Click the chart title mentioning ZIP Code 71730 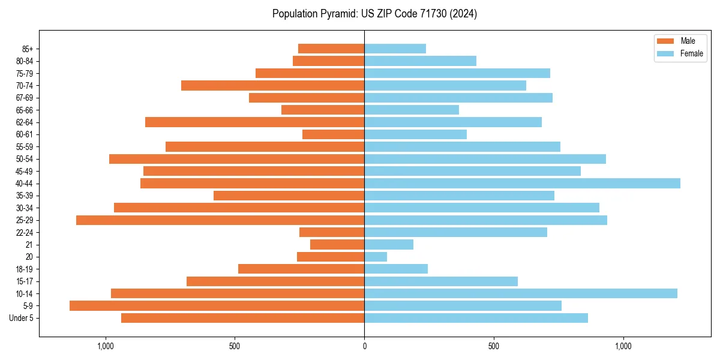(374, 14)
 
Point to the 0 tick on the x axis (364, 346)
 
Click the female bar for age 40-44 (522, 184)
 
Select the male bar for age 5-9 (217, 306)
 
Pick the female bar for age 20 (376, 257)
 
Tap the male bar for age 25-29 (220, 220)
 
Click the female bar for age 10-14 (521, 293)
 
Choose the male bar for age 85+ (331, 49)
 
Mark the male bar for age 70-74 (272, 86)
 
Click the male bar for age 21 (337, 245)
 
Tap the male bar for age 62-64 (254, 122)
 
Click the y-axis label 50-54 (25, 159)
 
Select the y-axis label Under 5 (22, 318)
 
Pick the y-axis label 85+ (28, 49)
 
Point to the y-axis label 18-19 (25, 269)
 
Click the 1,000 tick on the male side (105, 346)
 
